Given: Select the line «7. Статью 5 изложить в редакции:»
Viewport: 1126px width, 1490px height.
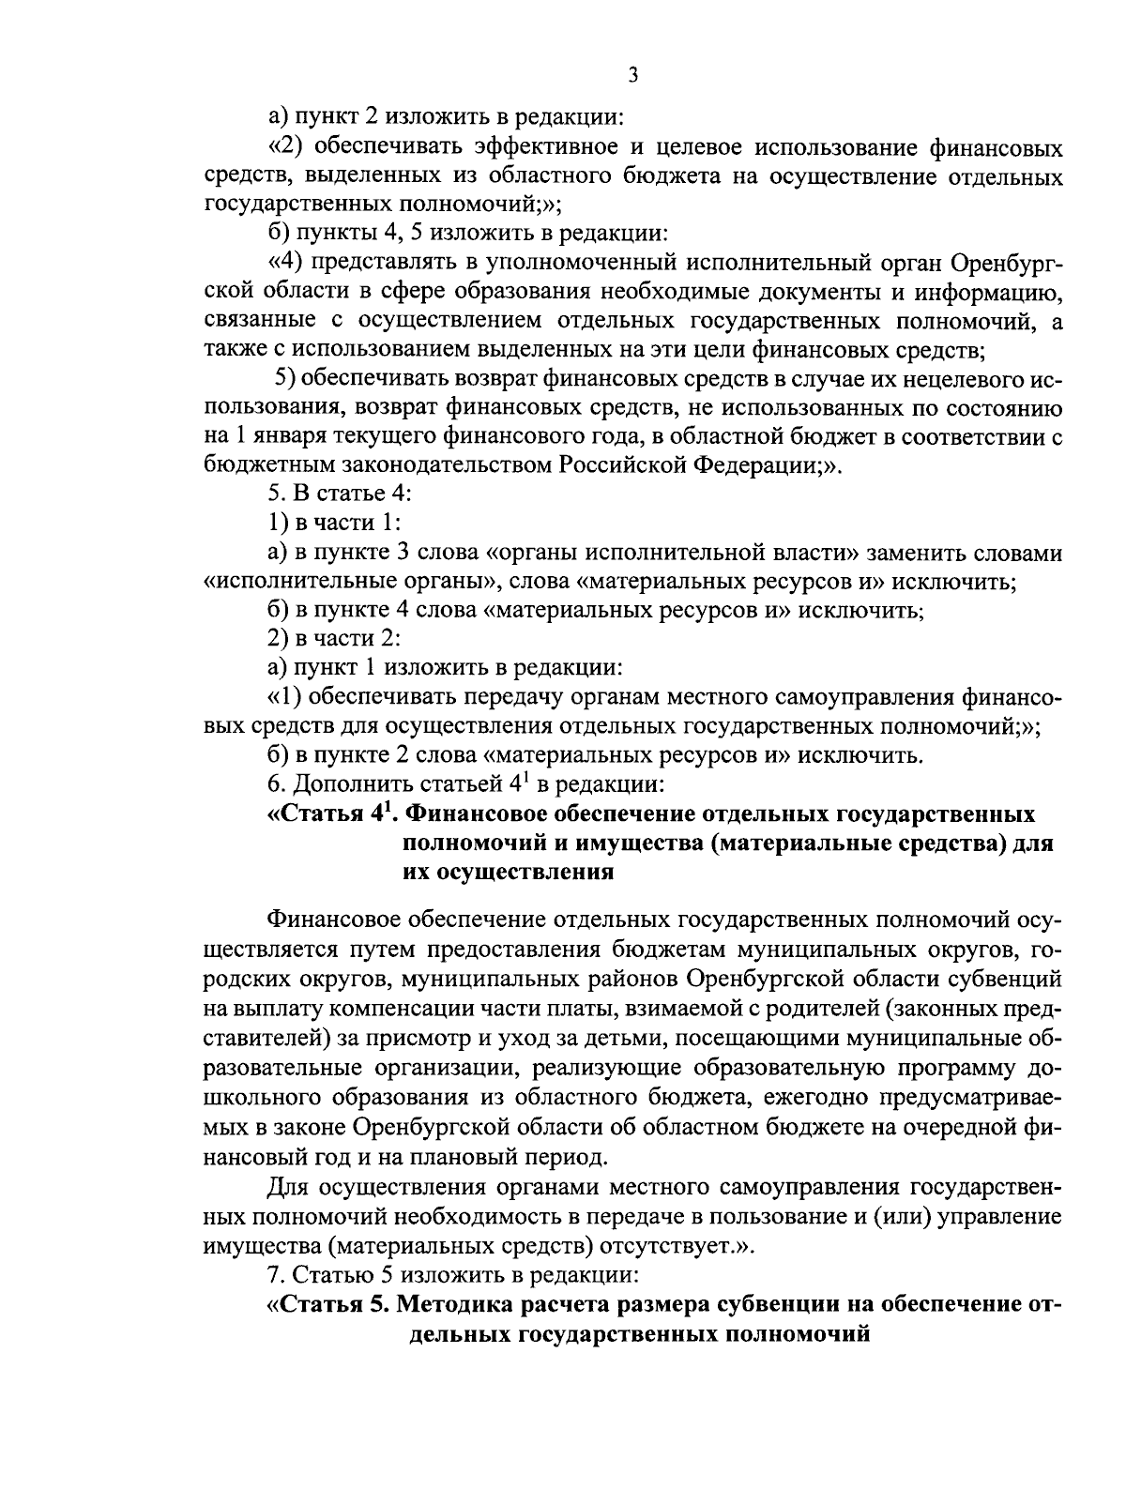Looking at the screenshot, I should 452,1275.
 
